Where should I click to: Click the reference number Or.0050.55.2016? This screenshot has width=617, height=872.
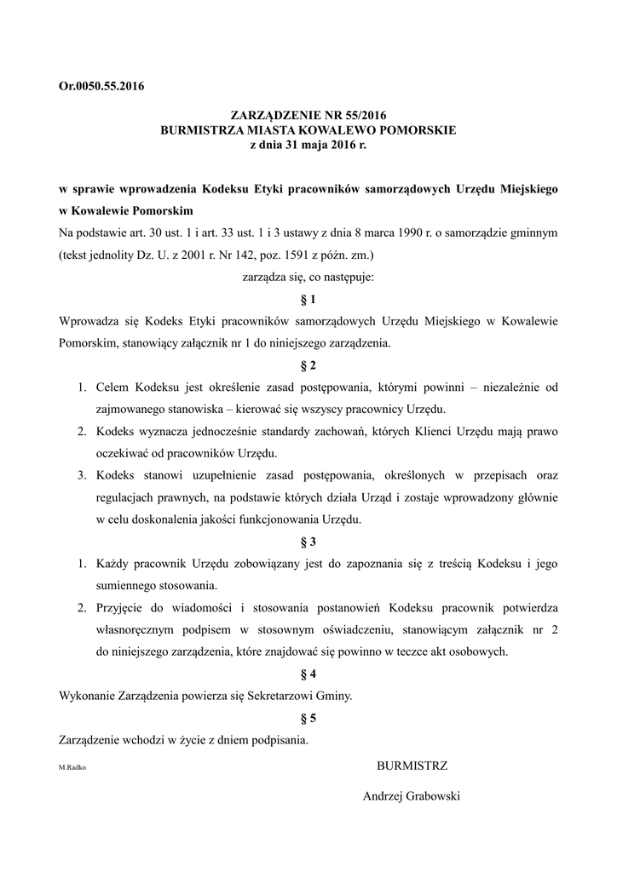(x=101, y=85)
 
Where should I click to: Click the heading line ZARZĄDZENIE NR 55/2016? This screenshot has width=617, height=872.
(x=309, y=115)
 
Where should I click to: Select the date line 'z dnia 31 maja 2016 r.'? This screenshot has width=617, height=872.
(x=309, y=146)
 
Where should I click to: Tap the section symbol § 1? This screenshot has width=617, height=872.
(x=308, y=300)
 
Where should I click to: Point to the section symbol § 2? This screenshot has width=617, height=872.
(x=308, y=366)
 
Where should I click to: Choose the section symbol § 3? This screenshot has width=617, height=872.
(x=308, y=541)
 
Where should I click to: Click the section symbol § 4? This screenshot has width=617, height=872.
(x=308, y=674)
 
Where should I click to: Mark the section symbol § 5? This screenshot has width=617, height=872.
(x=308, y=718)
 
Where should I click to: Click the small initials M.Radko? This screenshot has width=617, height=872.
(x=72, y=768)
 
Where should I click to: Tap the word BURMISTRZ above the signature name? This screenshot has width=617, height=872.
(x=412, y=765)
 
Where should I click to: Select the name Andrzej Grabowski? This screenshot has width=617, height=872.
(x=412, y=796)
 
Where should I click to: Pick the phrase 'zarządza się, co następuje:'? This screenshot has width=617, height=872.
(x=308, y=277)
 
